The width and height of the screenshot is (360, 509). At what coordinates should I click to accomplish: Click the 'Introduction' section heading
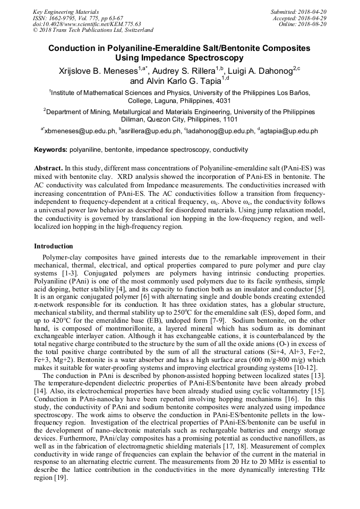pos(54,246)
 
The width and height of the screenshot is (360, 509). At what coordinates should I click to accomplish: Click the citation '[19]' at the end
pos(60,478)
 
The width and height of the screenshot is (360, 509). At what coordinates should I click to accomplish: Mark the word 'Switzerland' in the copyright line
pos(137,31)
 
